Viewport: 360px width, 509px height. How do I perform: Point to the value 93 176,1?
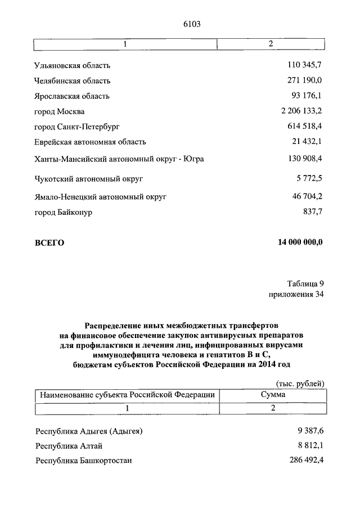pos(307,96)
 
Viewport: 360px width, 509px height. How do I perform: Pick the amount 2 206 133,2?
pos(301,110)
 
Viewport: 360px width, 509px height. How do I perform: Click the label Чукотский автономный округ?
pos(89,179)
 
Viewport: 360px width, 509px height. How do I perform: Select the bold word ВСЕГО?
pos(49,243)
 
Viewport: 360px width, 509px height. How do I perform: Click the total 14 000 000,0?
pos(300,242)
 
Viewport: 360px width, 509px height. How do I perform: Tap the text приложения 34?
pos(296,294)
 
